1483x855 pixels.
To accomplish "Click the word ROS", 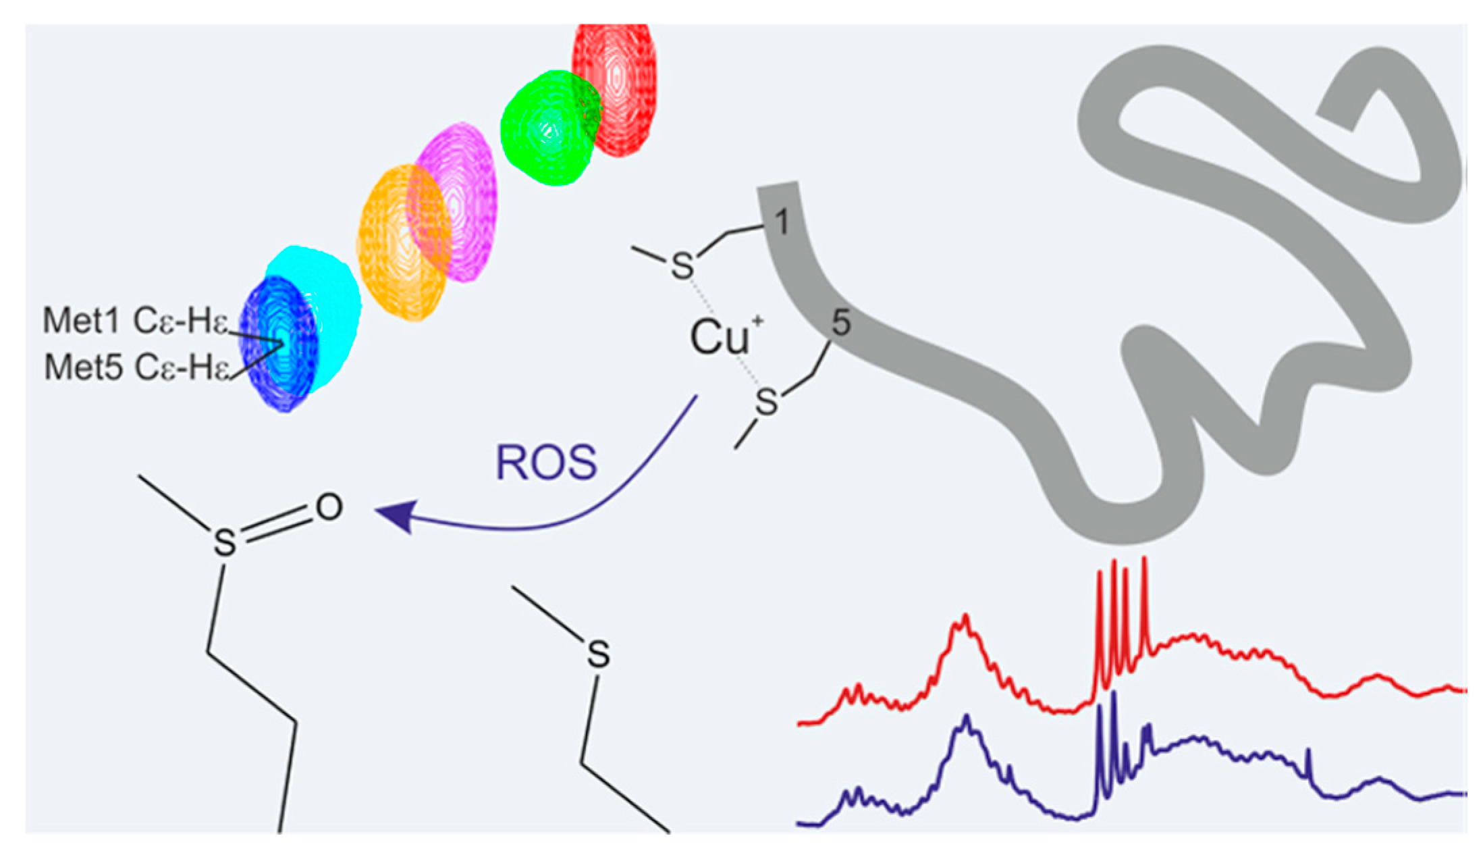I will point(546,463).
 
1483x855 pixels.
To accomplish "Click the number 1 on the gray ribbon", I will point(781,222).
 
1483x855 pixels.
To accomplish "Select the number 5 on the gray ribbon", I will point(840,323).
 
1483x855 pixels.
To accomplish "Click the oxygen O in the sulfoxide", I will point(329,507).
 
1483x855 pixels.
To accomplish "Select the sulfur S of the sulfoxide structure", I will point(225,542).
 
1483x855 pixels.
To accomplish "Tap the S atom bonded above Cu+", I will point(682,266).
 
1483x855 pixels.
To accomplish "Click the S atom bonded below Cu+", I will point(766,403).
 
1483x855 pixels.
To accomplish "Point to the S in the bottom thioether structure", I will point(598,654).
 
